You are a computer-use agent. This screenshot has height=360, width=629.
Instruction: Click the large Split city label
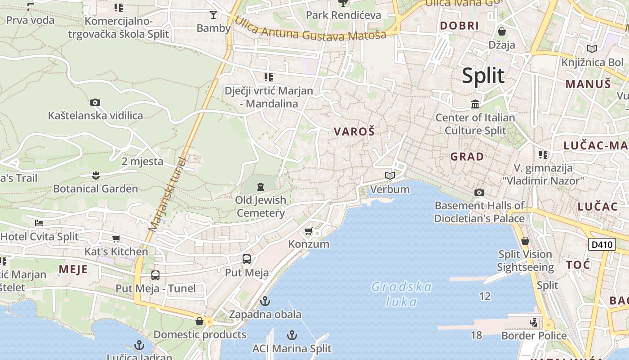(483, 76)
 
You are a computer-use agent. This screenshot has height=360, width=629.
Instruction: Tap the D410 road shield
(602, 245)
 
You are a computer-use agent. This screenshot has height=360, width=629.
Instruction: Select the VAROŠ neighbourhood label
(354, 131)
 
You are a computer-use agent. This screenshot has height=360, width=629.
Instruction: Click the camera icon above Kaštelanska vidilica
(95, 103)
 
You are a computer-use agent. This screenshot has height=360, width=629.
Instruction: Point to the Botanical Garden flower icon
(95, 175)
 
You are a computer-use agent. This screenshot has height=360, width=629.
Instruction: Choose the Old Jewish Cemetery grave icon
(260, 186)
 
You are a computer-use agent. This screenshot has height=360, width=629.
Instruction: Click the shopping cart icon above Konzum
(308, 231)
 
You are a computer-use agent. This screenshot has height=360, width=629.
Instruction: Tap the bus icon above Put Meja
(246, 259)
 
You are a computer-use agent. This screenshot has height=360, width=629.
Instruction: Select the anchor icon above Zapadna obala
(265, 301)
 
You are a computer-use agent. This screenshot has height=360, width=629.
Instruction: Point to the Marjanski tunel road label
(167, 194)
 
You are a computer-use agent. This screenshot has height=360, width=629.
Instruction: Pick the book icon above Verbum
(390, 175)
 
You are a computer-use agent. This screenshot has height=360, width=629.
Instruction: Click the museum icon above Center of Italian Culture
(475, 104)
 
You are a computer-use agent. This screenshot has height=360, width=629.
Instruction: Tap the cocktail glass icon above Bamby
(213, 15)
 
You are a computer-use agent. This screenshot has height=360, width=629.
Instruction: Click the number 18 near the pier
(476, 335)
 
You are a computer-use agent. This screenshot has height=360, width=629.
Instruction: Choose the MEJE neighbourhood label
(73, 269)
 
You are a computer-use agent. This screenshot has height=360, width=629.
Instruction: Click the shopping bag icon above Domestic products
(199, 321)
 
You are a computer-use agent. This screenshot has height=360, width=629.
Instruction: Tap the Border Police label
(534, 336)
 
